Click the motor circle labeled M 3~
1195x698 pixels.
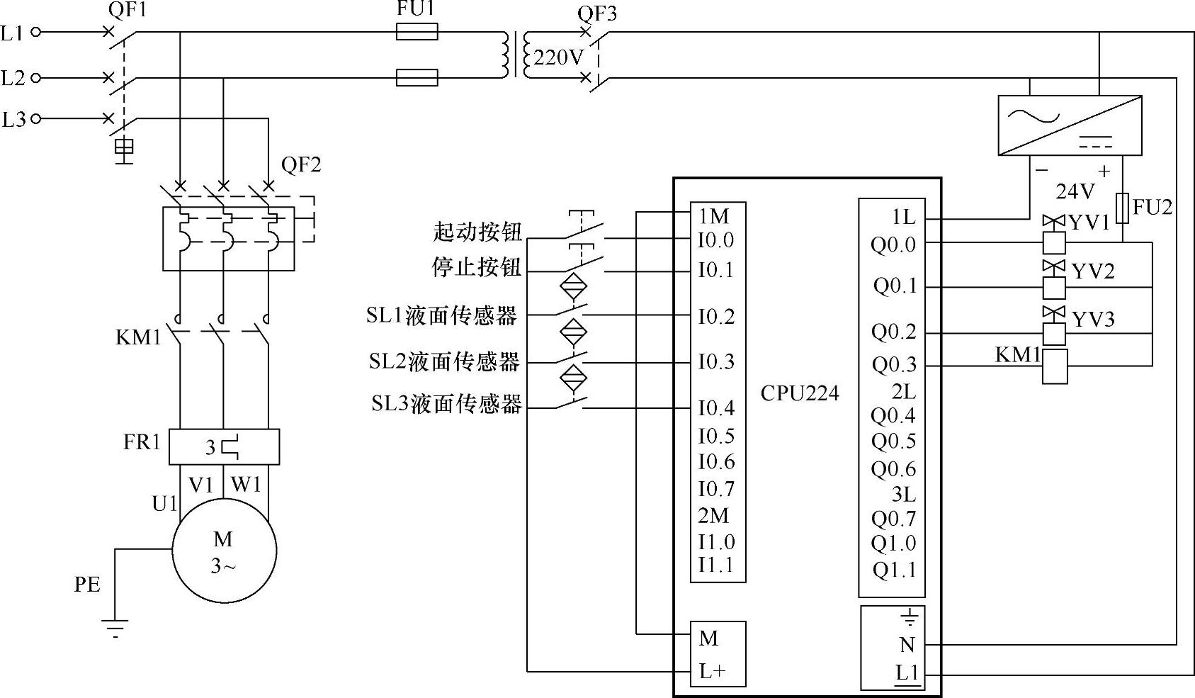[x=224, y=551]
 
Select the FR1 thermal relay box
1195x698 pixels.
[x=224, y=446]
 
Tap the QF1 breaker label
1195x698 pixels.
[x=128, y=10]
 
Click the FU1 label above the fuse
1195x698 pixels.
[x=416, y=9]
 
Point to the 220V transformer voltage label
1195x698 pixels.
[x=558, y=57]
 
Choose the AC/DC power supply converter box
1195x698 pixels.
[x=1070, y=125]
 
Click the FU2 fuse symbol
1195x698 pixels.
[x=1122, y=208]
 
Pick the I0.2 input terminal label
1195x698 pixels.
[x=716, y=317]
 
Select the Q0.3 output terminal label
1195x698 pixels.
[x=894, y=365]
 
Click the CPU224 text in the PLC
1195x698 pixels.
[x=799, y=393]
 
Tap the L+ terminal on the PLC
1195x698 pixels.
[x=712, y=671]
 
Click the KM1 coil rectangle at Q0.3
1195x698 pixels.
[x=1055, y=366]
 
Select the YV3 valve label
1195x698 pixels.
[x=1093, y=320]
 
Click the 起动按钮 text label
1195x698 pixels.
[x=477, y=232]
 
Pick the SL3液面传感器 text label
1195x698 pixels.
[x=447, y=404]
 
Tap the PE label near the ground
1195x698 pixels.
[x=87, y=585]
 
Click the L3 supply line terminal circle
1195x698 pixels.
[x=36, y=119]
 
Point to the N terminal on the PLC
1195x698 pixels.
[x=907, y=645]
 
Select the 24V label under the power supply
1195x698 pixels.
[x=1075, y=191]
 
